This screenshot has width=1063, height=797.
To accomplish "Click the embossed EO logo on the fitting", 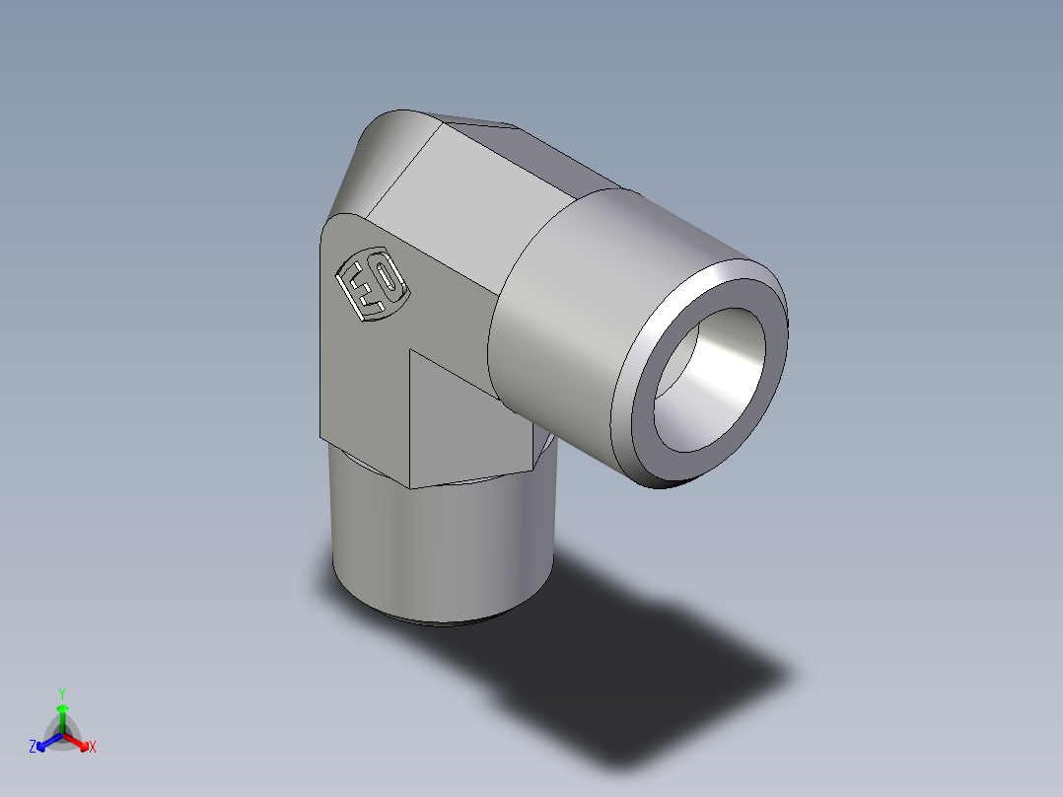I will coord(373,284).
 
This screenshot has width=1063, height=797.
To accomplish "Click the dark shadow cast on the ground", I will coord(651,671).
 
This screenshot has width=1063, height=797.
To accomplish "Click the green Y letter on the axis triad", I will coord(61,693).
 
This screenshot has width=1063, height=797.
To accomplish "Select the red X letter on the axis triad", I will coord(92,748).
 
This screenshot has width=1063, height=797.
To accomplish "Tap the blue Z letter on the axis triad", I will coord(33,747).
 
